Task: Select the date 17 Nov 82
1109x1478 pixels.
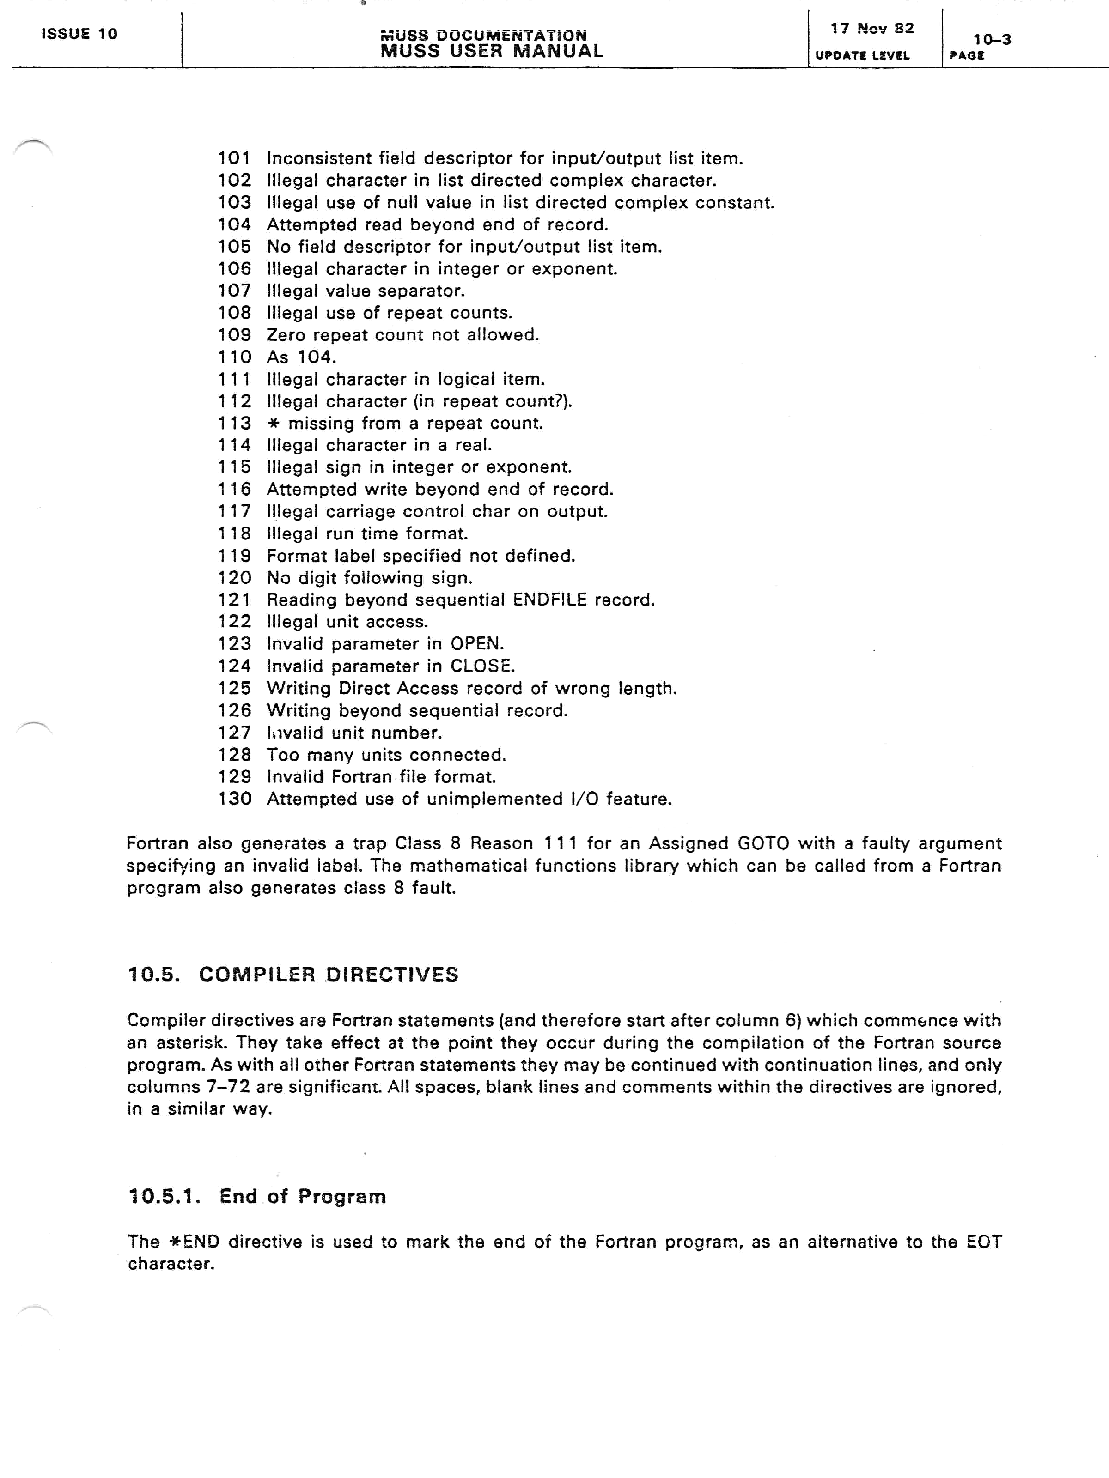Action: tap(871, 28)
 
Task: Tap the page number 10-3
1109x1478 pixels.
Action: tap(992, 39)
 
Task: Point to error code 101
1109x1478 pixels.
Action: tap(234, 158)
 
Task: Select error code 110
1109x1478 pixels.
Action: tap(234, 357)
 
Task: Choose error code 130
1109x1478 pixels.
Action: tap(234, 799)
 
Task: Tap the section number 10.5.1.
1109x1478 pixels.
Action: tap(164, 1196)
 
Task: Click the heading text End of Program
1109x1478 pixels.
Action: tap(302, 1196)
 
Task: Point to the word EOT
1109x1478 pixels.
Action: tap(983, 1242)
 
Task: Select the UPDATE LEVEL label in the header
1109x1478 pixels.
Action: tap(862, 55)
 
